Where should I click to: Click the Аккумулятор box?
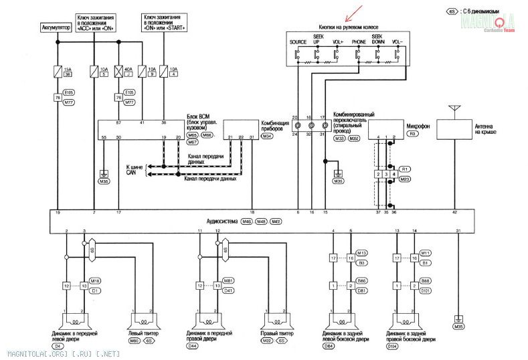click(x=56, y=28)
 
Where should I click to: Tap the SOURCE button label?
click(x=298, y=41)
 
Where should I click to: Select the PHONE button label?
click(x=359, y=41)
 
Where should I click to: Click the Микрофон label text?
click(x=418, y=126)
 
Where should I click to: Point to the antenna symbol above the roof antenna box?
click(x=455, y=108)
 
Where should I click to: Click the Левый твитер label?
click(x=142, y=333)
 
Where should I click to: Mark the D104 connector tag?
click(x=394, y=346)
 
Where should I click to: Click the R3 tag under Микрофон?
click(x=412, y=134)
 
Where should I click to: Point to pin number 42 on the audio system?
click(x=454, y=213)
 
